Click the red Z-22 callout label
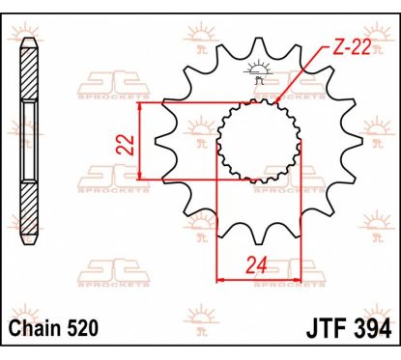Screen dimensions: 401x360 [x=351, y=48]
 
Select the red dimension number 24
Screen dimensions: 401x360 [x=257, y=265]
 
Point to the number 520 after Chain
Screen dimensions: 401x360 [x=82, y=328]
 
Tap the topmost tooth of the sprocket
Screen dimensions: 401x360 [x=259, y=45]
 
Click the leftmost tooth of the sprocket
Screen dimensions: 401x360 [x=163, y=142]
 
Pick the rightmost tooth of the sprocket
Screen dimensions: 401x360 [x=355, y=142]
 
